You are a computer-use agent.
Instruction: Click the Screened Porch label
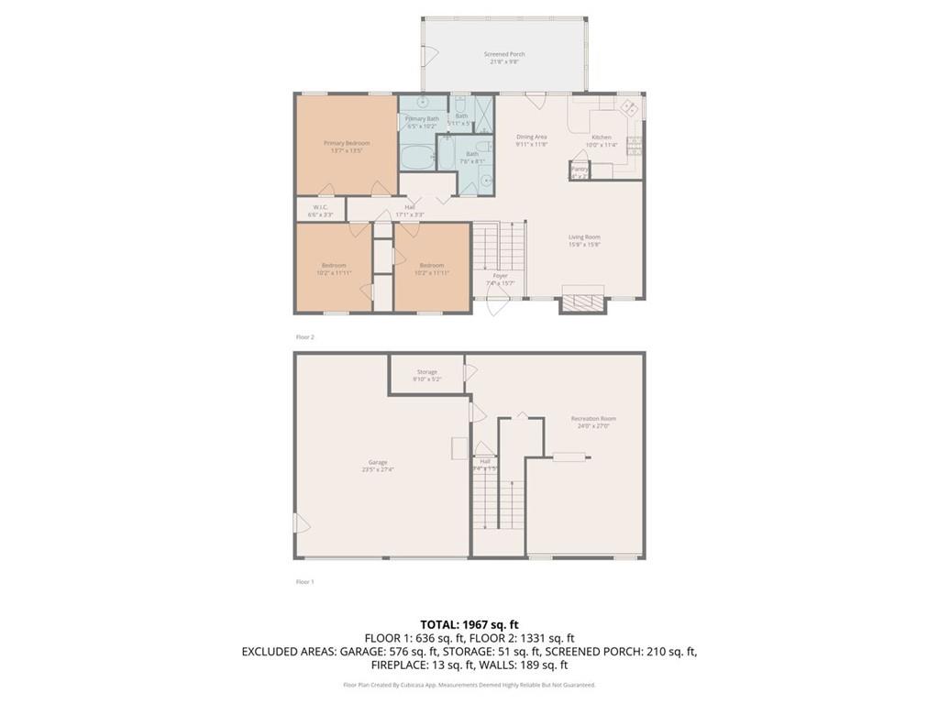[x=504, y=55]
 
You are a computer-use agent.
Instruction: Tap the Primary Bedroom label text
[x=347, y=143]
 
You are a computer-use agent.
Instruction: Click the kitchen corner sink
[x=630, y=107]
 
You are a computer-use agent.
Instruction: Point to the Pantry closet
[x=579, y=170]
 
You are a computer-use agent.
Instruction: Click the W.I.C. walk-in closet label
[x=321, y=207]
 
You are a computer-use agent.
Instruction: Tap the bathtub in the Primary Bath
[x=417, y=155]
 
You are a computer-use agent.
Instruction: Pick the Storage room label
[x=427, y=372]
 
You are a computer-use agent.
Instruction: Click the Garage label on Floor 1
[x=378, y=462]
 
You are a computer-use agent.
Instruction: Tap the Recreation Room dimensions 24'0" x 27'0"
[x=593, y=425]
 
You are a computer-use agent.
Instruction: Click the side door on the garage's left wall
[x=301, y=524]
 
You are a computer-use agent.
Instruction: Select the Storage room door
[x=471, y=373]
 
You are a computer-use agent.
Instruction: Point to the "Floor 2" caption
[x=304, y=337]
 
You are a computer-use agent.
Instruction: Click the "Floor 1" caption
[x=304, y=581]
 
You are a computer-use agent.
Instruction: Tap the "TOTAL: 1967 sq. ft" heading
[x=469, y=623]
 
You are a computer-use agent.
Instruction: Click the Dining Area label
[x=531, y=137]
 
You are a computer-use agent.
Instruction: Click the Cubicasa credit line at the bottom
[x=469, y=685]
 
